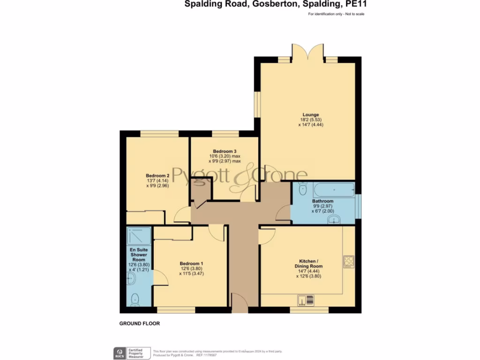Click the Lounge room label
pyautogui.click(x=310, y=115)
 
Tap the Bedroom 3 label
pyautogui.click(x=224, y=151)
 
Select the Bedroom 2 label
pyautogui.click(x=157, y=176)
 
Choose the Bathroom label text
pyautogui.click(x=323, y=201)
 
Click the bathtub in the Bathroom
pyautogui.click(x=334, y=190)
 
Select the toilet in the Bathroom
pyautogui.click(x=302, y=189)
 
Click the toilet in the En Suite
pyautogui.click(x=135, y=298)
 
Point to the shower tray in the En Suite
pyautogui.click(x=139, y=236)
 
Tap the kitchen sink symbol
pyautogui.click(x=306, y=300)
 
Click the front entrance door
pyautogui.click(x=240, y=304)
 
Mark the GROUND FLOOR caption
pyautogui.click(x=140, y=323)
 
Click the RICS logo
pyautogui.click(x=120, y=352)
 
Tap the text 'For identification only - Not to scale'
pyautogui.click(x=336, y=14)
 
